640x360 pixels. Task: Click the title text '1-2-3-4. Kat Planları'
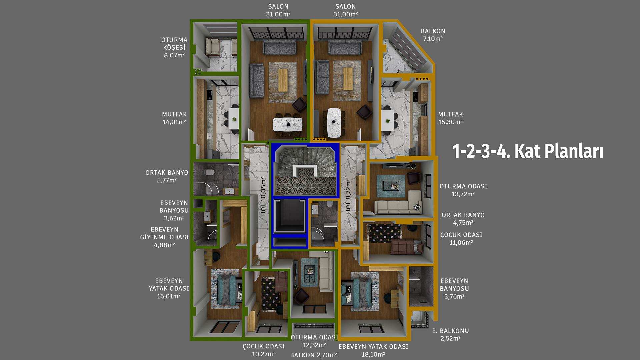527,152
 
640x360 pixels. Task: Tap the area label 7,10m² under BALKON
433,39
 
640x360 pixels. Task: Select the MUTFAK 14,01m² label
174,118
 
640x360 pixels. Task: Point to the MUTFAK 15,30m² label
450,118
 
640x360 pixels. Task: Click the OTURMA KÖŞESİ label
174,47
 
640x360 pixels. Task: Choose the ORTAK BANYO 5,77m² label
167,176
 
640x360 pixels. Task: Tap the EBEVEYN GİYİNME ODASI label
165,237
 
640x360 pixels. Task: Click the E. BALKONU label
450,331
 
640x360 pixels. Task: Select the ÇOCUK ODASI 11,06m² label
461,239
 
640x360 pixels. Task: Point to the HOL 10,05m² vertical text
263,196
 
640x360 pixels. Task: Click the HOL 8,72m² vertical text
348,197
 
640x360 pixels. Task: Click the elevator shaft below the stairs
289,217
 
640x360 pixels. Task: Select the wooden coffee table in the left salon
283,80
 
